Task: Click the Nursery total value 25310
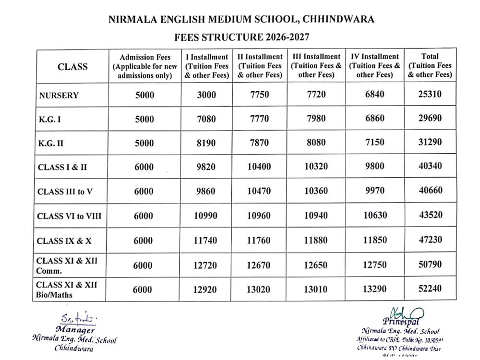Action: tap(430, 95)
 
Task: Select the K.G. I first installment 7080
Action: tap(206, 119)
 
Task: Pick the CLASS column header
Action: tap(72, 67)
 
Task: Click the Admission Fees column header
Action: tap(144, 66)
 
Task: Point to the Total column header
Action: tap(430, 66)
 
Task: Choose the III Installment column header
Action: tap(316, 66)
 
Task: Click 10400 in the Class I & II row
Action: tap(259, 167)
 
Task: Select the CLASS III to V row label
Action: tap(65, 192)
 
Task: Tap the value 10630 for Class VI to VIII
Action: tap(375, 216)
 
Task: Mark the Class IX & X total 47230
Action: tap(430, 239)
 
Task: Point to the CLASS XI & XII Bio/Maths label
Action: tap(67, 289)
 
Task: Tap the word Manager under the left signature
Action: tap(75, 330)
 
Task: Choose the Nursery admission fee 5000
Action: tap(144, 95)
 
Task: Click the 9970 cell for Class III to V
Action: tap(375, 191)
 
